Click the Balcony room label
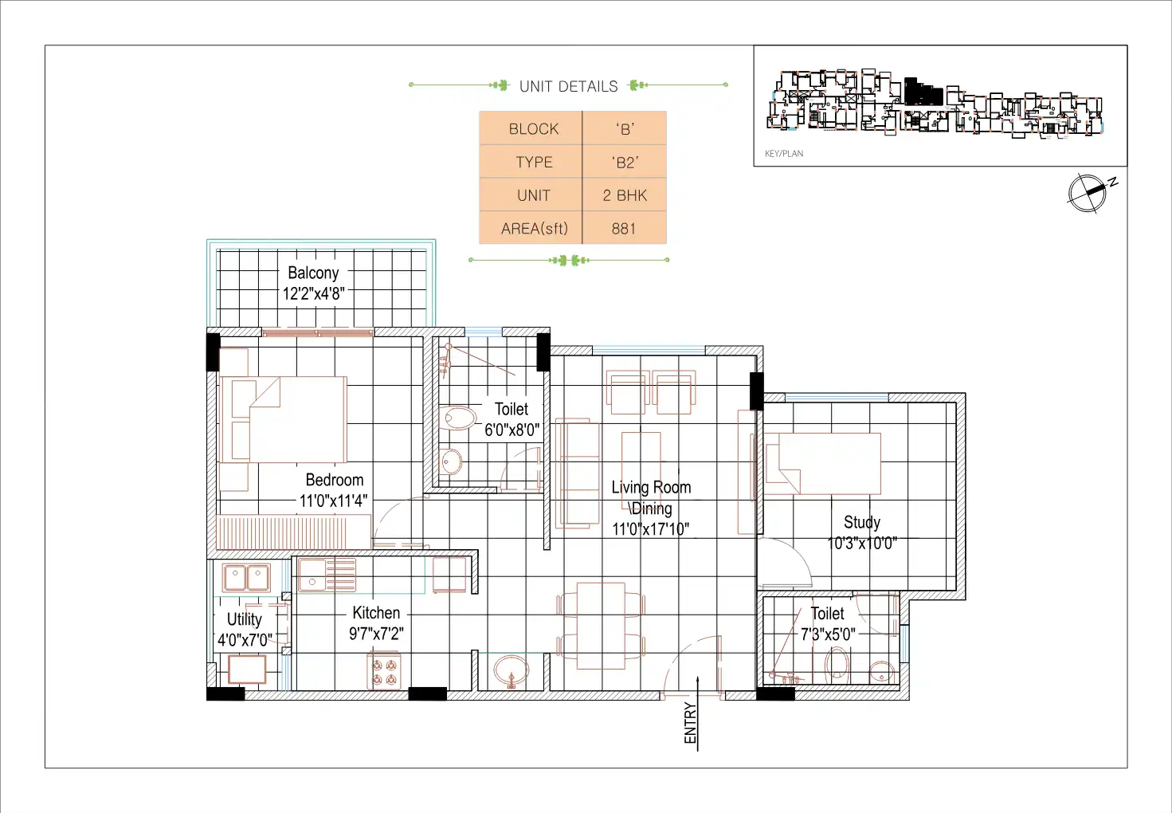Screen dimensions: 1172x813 [x=313, y=273]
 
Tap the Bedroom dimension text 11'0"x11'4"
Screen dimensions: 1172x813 [x=333, y=501]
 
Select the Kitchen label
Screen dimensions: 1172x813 [x=376, y=612]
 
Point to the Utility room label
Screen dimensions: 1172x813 [x=245, y=619]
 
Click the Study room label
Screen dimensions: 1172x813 [x=862, y=522]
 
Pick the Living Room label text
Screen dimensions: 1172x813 [x=651, y=487]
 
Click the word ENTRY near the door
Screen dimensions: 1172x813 [x=690, y=723]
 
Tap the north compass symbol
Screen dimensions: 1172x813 [x=1089, y=193]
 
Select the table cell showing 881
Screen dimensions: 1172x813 [x=624, y=228]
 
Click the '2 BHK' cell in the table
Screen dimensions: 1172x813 [x=624, y=195]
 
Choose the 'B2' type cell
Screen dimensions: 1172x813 [x=624, y=163]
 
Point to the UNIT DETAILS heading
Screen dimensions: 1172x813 [x=569, y=86]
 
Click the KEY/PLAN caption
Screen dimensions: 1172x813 [x=784, y=153]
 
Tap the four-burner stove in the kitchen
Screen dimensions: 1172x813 [x=384, y=672]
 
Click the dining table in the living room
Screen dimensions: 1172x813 [x=602, y=626]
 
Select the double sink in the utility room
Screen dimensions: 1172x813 [x=246, y=577]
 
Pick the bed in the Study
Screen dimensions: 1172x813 [x=823, y=463]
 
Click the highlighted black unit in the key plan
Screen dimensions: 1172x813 [x=923, y=92]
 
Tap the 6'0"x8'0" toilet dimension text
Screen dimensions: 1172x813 [x=512, y=430]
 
